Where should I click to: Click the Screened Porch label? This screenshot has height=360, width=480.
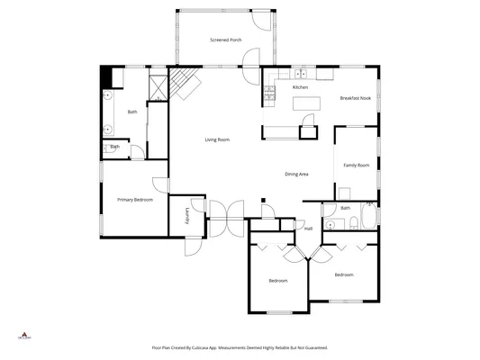(x=225, y=40)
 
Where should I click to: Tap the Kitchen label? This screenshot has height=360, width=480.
(x=300, y=87)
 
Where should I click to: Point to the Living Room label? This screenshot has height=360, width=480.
(x=217, y=139)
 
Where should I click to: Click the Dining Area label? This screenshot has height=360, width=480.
(x=297, y=174)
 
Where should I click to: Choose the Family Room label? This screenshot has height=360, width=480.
(x=357, y=166)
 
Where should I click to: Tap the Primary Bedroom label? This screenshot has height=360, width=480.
(x=135, y=199)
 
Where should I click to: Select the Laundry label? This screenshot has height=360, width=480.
(x=186, y=215)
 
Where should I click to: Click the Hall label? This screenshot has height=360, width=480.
(x=308, y=229)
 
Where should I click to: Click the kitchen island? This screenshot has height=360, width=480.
(x=307, y=104)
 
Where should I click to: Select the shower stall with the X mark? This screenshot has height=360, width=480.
(x=157, y=87)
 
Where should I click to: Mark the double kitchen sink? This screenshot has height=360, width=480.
(x=301, y=73)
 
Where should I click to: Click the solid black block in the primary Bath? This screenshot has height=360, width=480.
(x=104, y=77)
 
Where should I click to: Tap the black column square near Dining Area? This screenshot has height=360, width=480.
(x=262, y=200)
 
